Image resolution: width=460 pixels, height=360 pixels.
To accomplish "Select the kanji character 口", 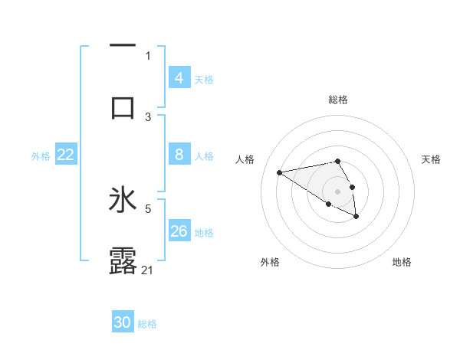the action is click(x=123, y=106).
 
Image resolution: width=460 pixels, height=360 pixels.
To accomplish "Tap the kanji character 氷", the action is click(x=123, y=201).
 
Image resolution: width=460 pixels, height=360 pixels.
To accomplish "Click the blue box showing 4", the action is click(x=179, y=78).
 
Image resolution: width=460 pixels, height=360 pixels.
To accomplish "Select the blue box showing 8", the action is click(x=179, y=155).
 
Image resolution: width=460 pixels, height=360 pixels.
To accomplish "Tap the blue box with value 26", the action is click(x=179, y=231).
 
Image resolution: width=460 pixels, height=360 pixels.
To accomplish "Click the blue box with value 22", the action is click(x=65, y=155).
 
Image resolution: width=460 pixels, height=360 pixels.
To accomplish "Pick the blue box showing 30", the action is click(x=123, y=322).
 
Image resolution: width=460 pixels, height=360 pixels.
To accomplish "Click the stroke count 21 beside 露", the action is click(x=148, y=270).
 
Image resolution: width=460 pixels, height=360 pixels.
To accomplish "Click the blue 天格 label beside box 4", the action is click(x=204, y=80).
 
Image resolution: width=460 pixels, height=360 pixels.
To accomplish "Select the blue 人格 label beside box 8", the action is click(x=204, y=156).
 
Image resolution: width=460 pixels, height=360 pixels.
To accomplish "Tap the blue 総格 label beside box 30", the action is click(x=147, y=324).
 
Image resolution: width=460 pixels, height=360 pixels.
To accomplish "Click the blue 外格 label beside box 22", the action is click(x=41, y=156).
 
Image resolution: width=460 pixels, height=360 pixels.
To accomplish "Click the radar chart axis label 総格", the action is click(x=337, y=100).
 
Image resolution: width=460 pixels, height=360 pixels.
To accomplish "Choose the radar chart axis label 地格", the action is click(x=402, y=262).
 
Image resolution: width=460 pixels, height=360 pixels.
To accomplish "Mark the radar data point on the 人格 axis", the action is click(x=280, y=172).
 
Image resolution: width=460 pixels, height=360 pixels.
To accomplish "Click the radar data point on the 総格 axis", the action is click(x=337, y=161).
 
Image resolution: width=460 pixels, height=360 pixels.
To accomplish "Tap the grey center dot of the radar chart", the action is click(x=337, y=191).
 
